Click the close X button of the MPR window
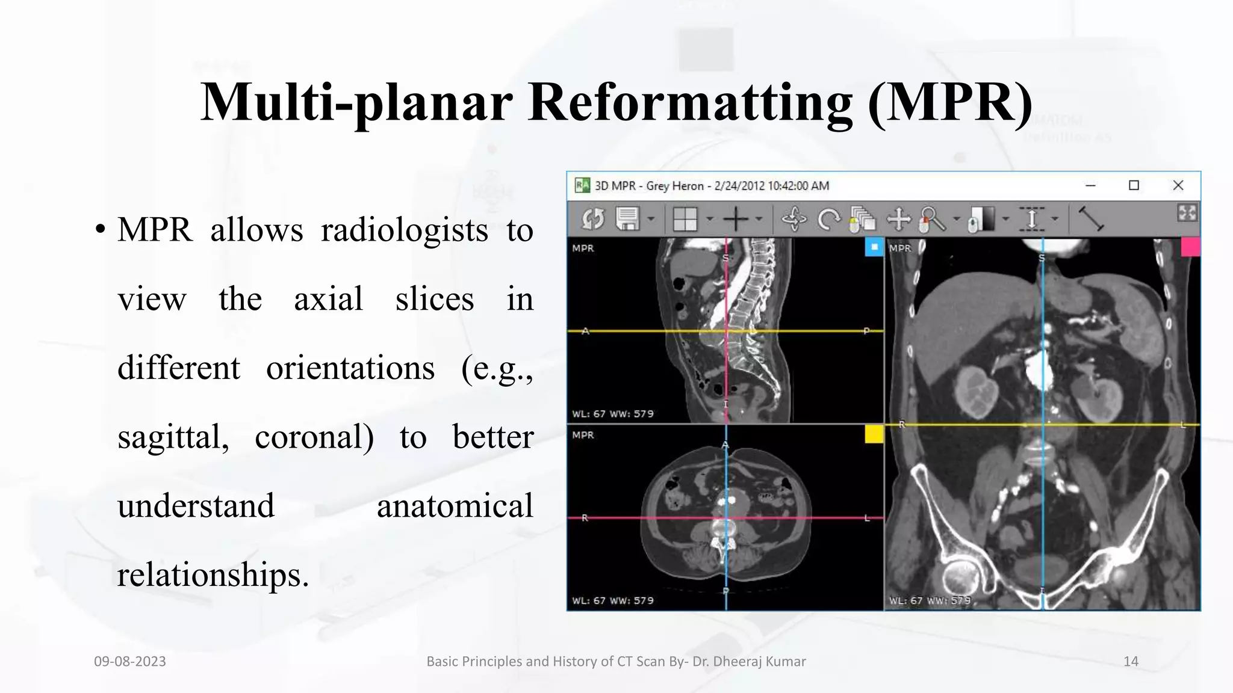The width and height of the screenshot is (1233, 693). pos(1178,185)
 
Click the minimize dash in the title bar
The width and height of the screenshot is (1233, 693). pos(1090,185)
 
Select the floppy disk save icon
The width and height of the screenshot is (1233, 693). pos(627,219)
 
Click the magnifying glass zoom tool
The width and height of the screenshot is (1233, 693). pos(932,219)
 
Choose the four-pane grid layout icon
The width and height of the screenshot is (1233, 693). pos(685,219)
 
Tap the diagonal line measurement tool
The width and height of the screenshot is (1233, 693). pos(1090,219)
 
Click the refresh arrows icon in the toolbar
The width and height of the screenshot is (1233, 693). pos(592,219)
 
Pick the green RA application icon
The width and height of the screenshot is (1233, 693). pos(582,185)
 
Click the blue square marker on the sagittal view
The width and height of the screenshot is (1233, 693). pos(874,247)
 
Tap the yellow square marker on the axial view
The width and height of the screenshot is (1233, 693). pos(874,434)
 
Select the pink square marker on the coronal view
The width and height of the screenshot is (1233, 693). pos(1190,247)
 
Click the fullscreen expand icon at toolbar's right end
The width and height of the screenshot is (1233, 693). pos(1187,213)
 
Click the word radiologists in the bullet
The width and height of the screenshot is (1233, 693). pos(404,230)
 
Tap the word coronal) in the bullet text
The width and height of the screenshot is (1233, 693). pos(314,437)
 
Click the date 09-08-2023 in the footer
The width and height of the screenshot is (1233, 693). pos(130,661)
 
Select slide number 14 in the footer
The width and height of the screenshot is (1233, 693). pos(1131,661)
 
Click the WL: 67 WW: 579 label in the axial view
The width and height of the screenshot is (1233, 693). pos(613,600)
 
